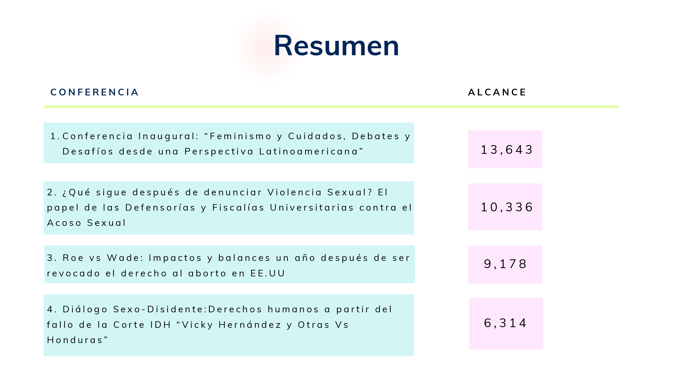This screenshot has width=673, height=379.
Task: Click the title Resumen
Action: point(336,46)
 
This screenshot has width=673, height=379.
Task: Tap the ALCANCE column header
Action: point(497,92)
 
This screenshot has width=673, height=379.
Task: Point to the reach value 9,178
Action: point(505,264)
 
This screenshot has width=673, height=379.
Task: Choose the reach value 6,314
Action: point(505,323)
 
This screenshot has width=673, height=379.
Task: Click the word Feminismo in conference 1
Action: point(240,136)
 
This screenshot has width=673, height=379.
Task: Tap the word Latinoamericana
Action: point(308,152)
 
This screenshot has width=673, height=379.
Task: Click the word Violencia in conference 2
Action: point(294,192)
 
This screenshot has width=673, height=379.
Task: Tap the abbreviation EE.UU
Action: point(268,273)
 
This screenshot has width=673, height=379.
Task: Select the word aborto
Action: point(207,273)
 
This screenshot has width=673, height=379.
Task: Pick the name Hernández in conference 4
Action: point(250,325)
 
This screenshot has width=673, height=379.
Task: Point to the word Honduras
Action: point(77,340)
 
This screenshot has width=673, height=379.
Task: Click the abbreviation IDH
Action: point(160,325)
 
